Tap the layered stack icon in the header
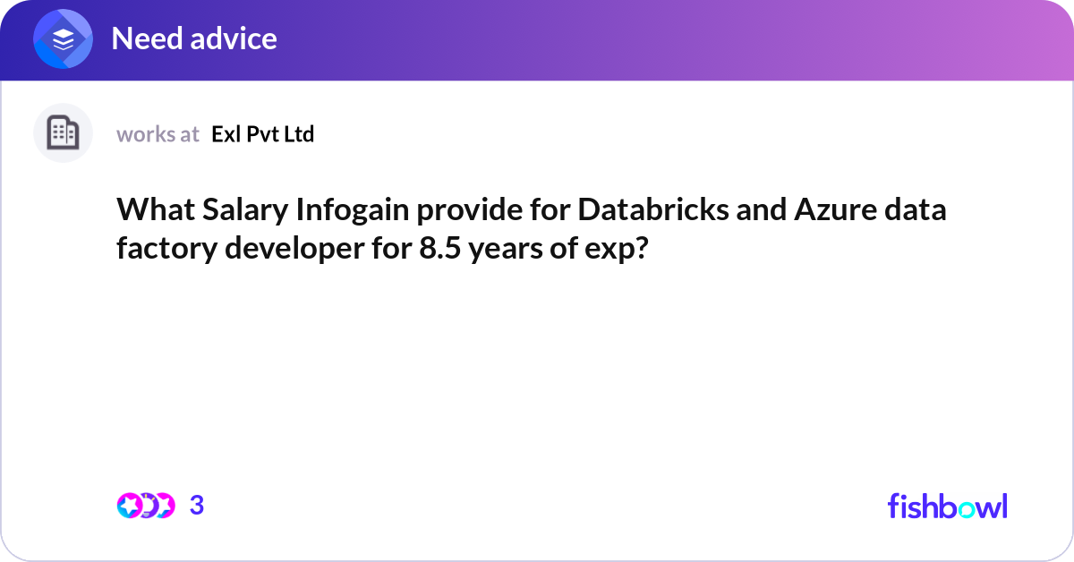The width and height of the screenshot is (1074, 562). coord(64,39)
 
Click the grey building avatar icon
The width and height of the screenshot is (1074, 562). coord(63,133)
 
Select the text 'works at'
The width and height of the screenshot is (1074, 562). coord(158,134)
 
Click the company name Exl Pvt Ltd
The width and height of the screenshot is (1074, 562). coord(263,134)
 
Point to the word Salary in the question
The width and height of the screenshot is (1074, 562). coord(240,210)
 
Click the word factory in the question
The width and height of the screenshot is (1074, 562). coord(166,248)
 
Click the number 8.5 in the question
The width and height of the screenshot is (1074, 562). coord(439,248)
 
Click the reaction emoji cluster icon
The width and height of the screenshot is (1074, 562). coord(146,506)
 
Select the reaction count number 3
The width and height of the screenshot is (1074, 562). coord(197,506)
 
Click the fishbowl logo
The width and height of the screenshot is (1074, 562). coord(947,506)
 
